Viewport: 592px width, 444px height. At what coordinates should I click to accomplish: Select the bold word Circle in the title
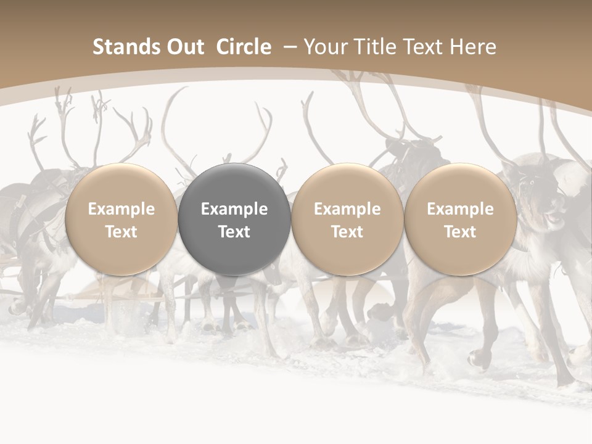click(x=244, y=47)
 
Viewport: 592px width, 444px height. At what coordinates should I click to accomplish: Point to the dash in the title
click(x=288, y=47)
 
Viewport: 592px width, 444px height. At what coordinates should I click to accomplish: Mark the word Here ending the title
click(x=474, y=47)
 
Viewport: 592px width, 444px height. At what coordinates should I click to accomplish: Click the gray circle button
click(x=234, y=219)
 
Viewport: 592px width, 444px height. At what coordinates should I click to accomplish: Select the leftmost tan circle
click(x=121, y=219)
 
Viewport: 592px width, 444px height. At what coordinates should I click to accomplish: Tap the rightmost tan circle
click(x=460, y=219)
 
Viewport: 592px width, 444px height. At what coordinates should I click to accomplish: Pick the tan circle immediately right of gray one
click(x=347, y=219)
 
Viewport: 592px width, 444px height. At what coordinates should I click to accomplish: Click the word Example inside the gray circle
click(x=234, y=209)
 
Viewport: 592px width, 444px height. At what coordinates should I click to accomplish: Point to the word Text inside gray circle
click(x=234, y=232)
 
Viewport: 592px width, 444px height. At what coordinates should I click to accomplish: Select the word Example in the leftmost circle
click(x=121, y=209)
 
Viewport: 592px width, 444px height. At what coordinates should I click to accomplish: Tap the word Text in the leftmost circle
click(x=121, y=232)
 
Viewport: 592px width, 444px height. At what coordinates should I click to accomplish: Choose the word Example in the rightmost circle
click(x=460, y=209)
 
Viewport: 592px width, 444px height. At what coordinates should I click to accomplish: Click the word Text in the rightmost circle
click(x=460, y=232)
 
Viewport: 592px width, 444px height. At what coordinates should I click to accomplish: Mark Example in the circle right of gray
click(x=347, y=209)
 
